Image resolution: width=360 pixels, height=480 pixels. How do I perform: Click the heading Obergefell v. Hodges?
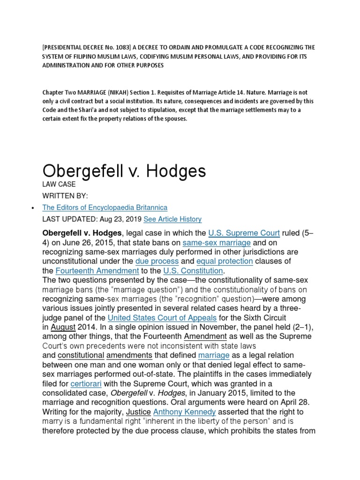(x=124, y=171)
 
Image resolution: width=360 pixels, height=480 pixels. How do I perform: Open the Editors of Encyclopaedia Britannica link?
(x=105, y=207)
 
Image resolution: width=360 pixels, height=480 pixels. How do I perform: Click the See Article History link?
(x=172, y=219)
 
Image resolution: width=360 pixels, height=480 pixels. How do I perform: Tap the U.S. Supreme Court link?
(x=244, y=233)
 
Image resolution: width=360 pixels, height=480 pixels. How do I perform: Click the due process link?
(x=157, y=261)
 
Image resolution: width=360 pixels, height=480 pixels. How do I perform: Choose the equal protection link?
(x=225, y=261)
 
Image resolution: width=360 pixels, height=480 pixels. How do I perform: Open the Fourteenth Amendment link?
(x=97, y=270)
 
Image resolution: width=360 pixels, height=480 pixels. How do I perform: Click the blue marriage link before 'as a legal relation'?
(x=214, y=355)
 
